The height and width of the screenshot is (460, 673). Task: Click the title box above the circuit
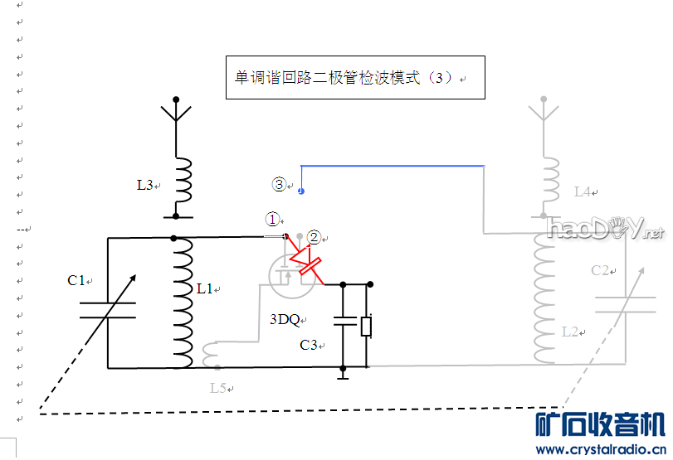pos(354,78)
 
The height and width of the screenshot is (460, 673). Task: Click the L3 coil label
pos(145,185)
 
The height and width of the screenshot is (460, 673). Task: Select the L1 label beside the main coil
pos(204,288)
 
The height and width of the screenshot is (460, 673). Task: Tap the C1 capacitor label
pos(76,281)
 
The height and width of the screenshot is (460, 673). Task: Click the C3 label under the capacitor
pos(309,345)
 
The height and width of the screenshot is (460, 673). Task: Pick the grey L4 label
pos(582,191)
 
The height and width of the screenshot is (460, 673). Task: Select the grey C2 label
pos(601,270)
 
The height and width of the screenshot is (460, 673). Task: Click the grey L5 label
pos(217,387)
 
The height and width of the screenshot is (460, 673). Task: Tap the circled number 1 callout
pos(273,219)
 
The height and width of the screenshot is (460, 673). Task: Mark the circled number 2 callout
pos(313,237)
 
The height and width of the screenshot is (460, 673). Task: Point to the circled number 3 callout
pos(280,184)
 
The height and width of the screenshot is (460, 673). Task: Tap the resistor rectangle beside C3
pos(366,327)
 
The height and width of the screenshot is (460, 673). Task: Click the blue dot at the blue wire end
pos(300,191)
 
